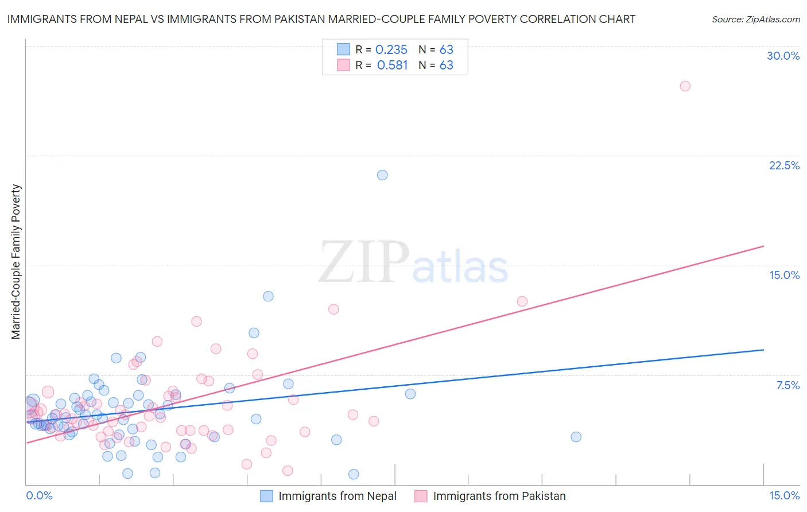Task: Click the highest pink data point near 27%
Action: [685, 86]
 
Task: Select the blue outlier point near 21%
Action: [382, 175]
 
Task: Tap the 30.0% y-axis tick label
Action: [783, 56]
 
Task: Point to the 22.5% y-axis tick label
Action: [784, 165]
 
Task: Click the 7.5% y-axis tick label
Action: [787, 385]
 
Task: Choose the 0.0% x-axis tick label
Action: [39, 495]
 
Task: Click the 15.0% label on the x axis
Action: [784, 495]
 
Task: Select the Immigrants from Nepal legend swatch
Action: [266, 496]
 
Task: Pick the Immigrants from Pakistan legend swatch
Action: [421, 496]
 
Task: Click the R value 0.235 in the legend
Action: [391, 50]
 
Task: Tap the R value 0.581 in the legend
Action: [392, 65]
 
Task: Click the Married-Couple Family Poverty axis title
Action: [16, 262]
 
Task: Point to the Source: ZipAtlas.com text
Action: [755, 20]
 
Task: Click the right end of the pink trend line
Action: [763, 246]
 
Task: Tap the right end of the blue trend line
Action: [763, 350]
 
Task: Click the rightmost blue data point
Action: [576, 437]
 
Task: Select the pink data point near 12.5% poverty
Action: [522, 301]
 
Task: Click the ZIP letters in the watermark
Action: [364, 262]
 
